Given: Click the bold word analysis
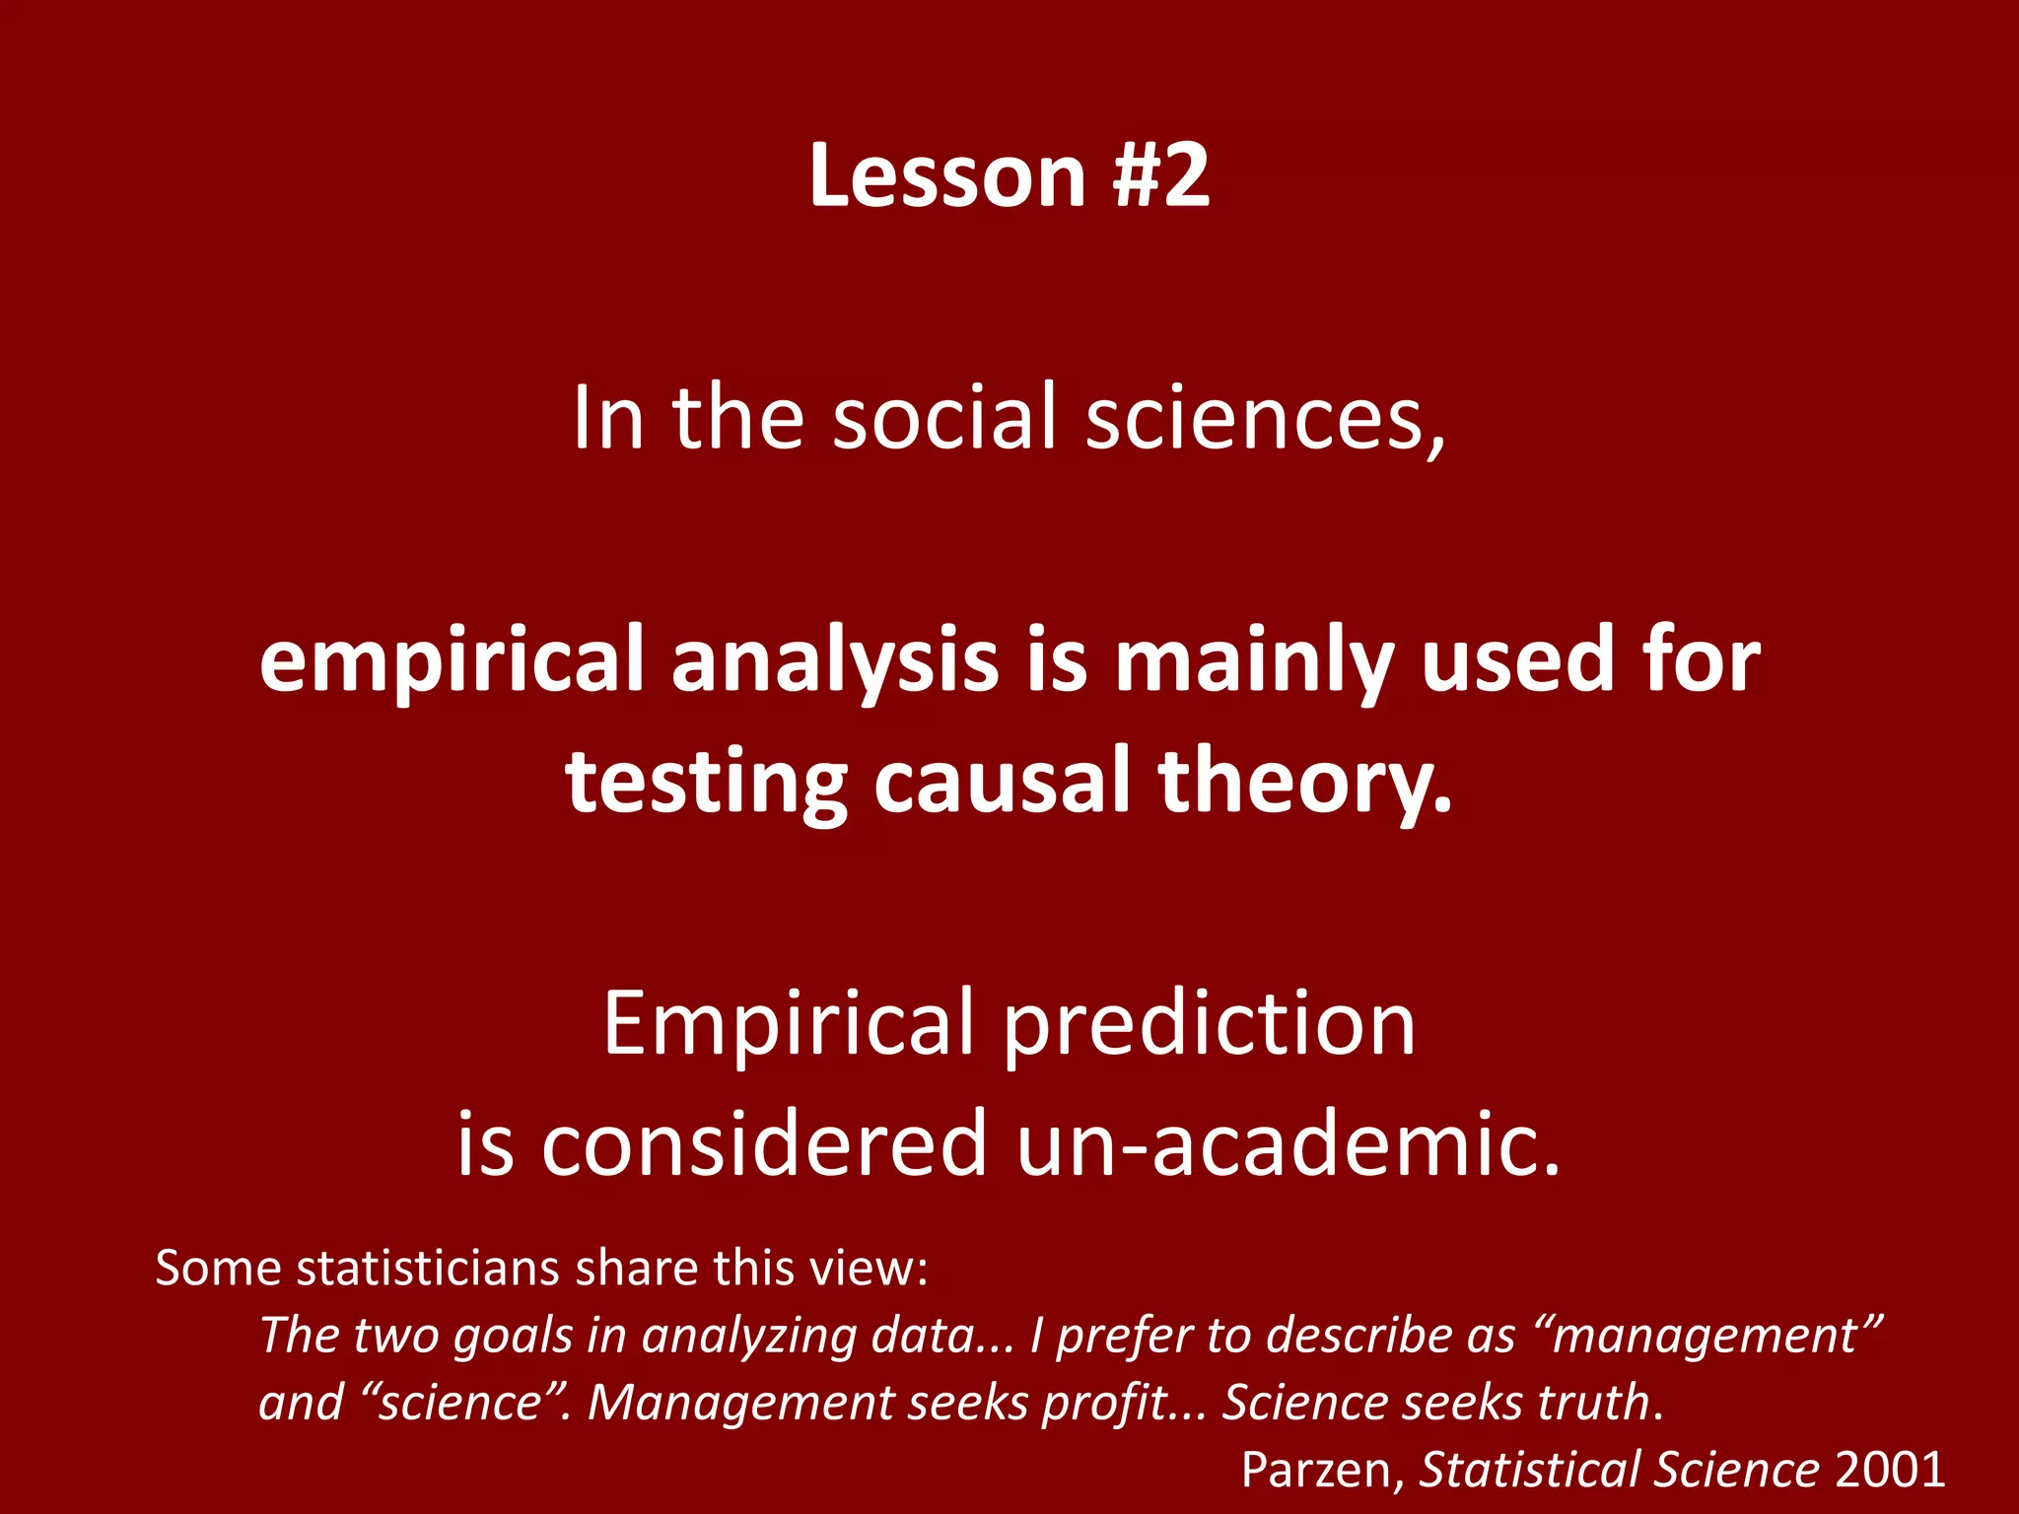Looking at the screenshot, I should [835, 659].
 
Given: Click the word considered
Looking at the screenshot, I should [764, 1144].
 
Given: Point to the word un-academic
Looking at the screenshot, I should [1288, 1144].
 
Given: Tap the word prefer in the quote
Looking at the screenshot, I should [1124, 1337].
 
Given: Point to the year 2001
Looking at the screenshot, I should [1890, 1470].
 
